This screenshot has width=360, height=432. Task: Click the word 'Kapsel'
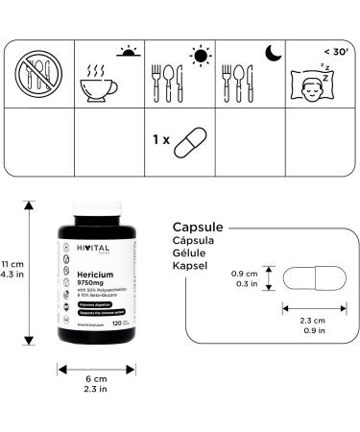(193, 266)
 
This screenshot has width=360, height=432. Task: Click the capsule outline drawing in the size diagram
(310, 278)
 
